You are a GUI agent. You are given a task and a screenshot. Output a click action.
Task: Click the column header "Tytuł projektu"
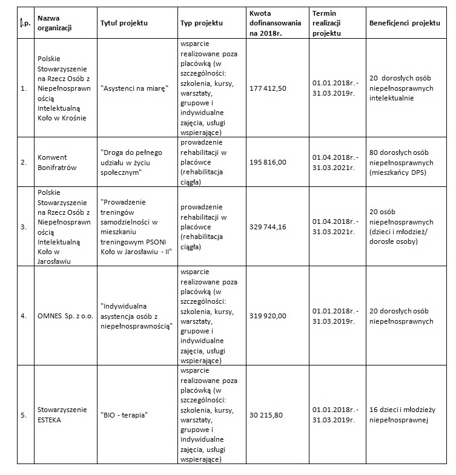[124, 23]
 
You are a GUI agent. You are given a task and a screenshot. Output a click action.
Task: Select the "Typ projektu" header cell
[201, 23]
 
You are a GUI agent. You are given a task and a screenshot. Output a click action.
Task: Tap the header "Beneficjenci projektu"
[403, 22]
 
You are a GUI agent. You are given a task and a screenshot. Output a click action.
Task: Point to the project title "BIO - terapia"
[124, 415]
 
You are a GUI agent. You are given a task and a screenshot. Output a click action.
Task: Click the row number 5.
[24, 415]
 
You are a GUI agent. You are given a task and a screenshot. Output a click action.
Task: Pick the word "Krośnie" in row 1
[74, 118]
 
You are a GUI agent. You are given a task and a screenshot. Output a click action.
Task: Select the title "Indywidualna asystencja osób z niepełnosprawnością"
[137, 316]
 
